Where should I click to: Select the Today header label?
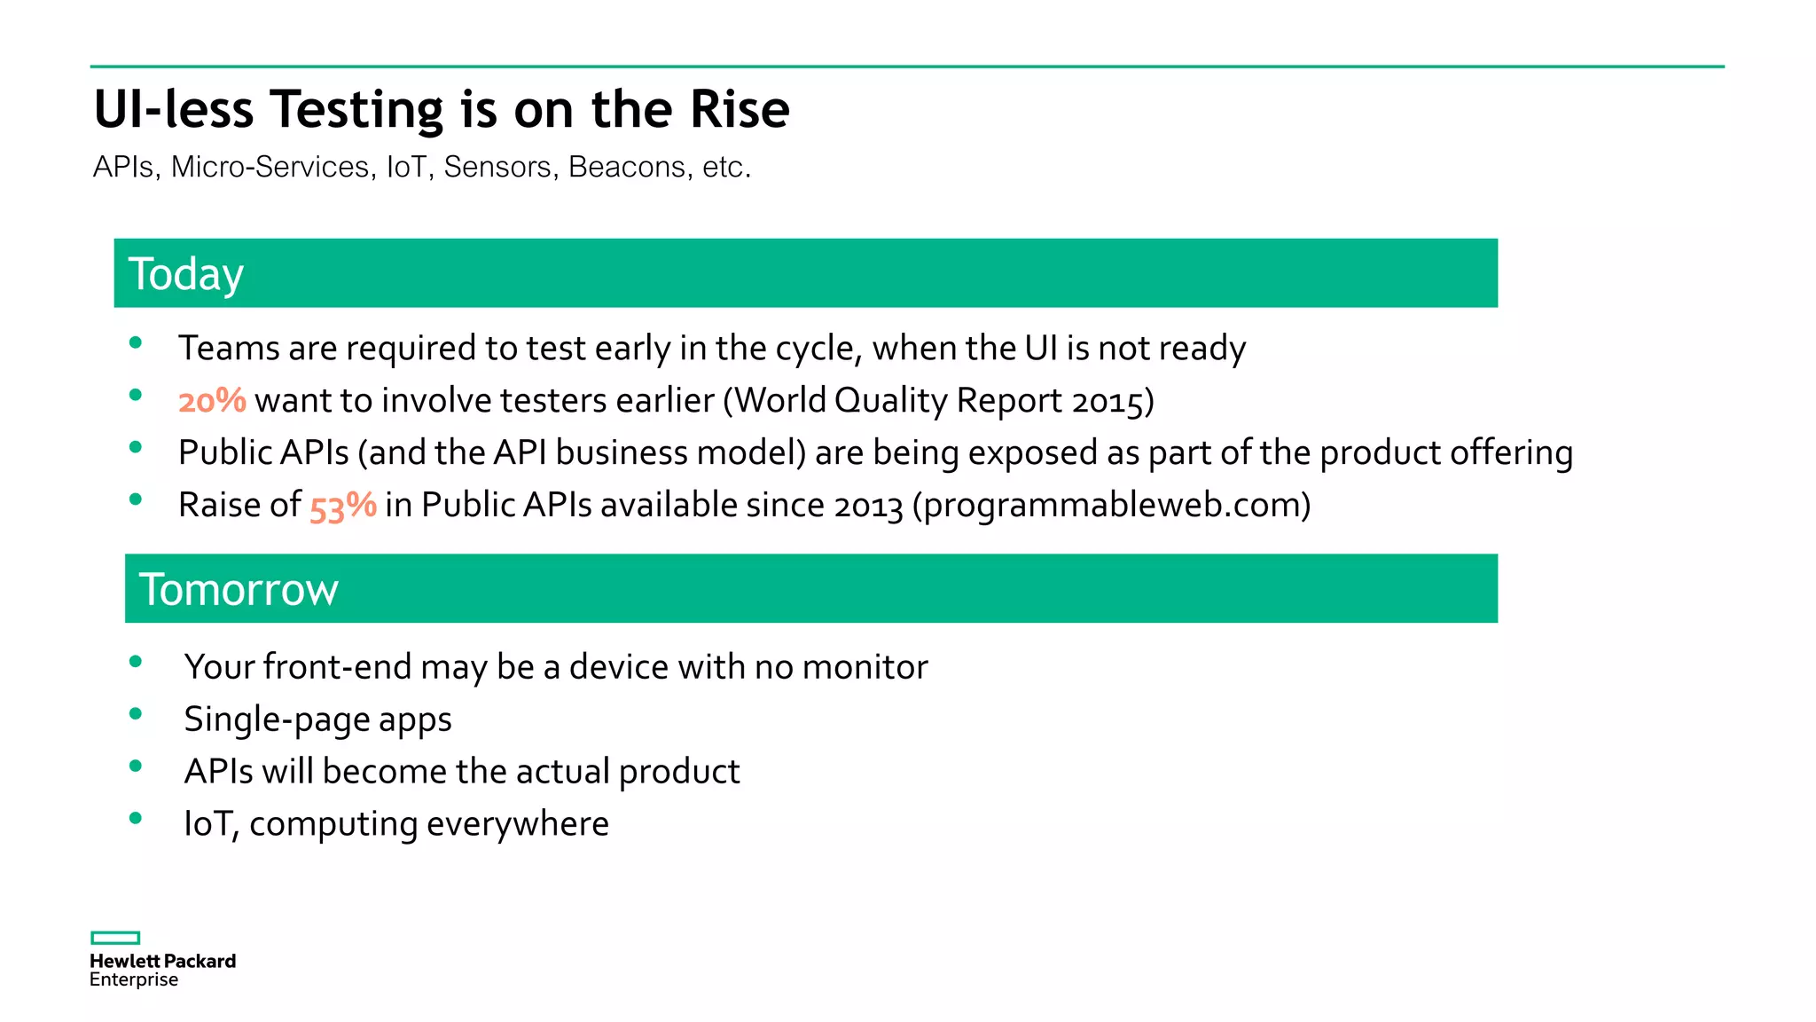[185, 273]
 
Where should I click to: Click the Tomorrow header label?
[238, 589]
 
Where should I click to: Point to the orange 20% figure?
[212, 400]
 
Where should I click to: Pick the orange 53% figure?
[342, 506]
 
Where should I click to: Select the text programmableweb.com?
[1112, 506]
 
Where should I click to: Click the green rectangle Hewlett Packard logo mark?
[115, 938]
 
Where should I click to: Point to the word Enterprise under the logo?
[134, 979]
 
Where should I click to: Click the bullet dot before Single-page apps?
[136, 713]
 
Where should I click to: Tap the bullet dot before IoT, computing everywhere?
[136, 818]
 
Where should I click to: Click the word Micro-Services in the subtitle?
[270, 167]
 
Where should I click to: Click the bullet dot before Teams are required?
[136, 342]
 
